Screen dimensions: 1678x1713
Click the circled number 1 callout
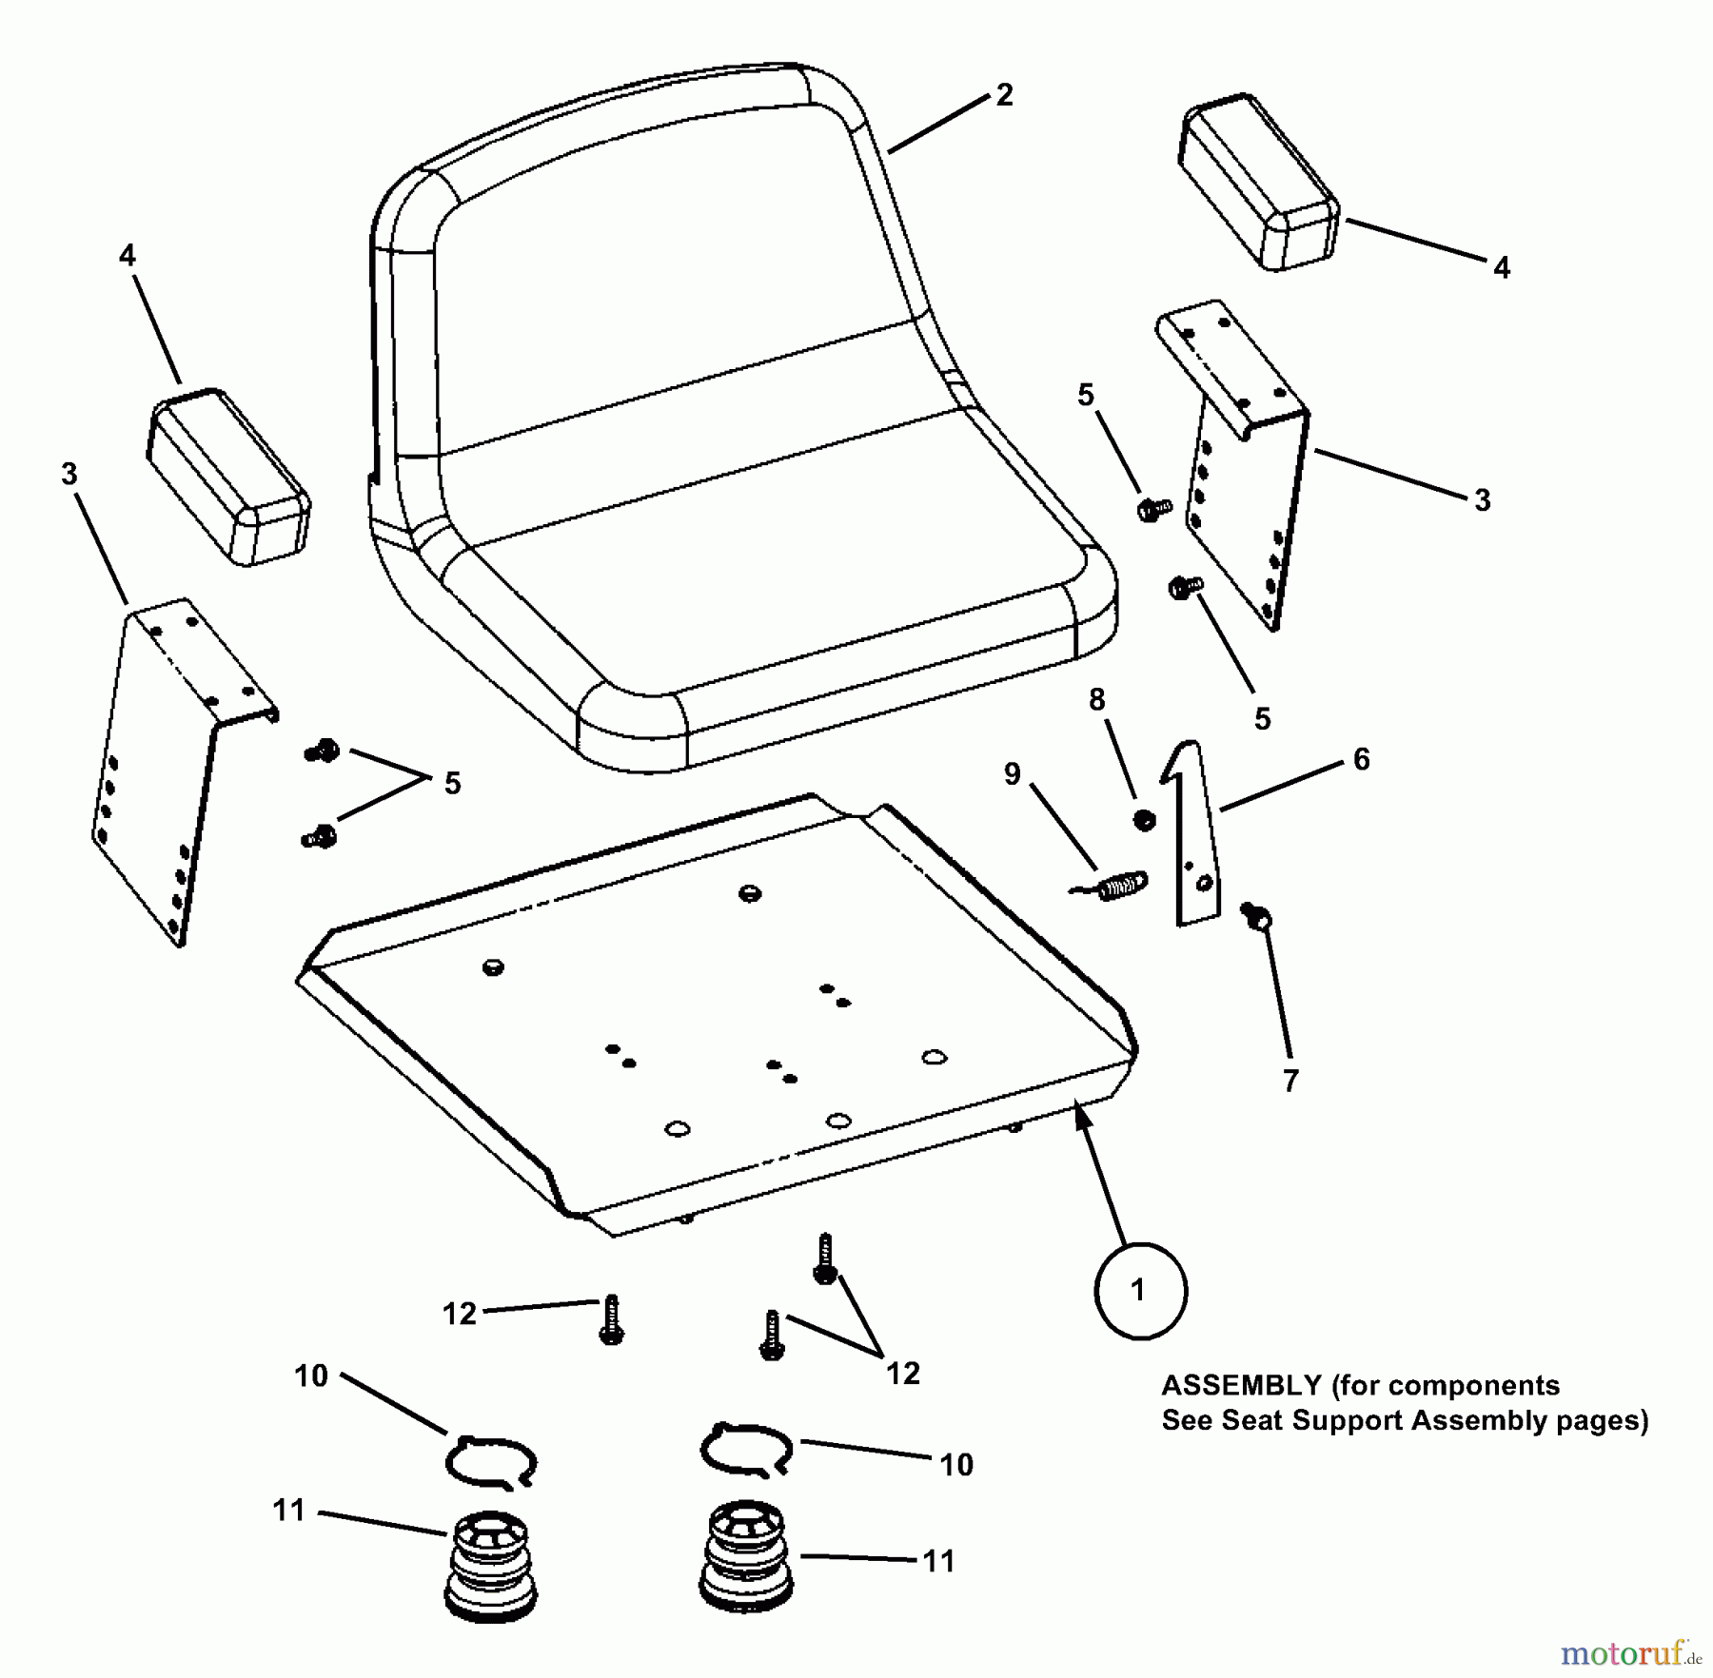click(x=1140, y=1291)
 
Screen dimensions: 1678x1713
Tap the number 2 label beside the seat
click(x=1004, y=95)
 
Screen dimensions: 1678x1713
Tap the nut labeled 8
click(x=1145, y=818)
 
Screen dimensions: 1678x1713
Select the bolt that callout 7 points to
click(x=1255, y=917)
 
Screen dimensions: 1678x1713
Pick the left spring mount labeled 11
click(x=490, y=1565)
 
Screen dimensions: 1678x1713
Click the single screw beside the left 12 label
click(x=611, y=1320)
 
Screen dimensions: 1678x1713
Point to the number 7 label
click(x=1290, y=1081)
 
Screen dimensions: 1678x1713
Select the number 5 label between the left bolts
click(x=452, y=784)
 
